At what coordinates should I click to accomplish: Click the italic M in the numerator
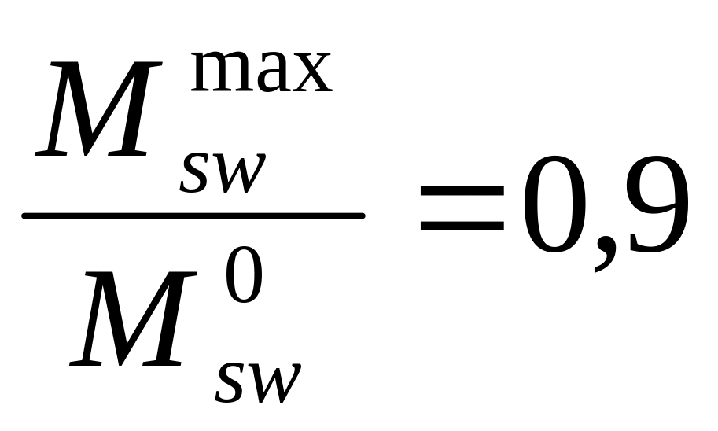(x=98, y=109)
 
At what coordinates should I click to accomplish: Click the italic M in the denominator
(x=133, y=318)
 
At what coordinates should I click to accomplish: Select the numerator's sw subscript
(x=223, y=173)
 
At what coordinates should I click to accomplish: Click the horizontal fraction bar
(x=193, y=215)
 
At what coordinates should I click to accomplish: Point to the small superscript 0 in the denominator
(x=244, y=274)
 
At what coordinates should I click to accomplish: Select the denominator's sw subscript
(x=258, y=383)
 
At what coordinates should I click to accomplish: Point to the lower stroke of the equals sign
(x=462, y=226)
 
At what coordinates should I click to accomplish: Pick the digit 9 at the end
(x=658, y=204)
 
